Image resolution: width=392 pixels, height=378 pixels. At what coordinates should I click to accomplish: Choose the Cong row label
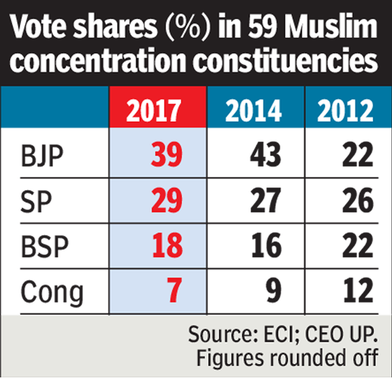(52, 291)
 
